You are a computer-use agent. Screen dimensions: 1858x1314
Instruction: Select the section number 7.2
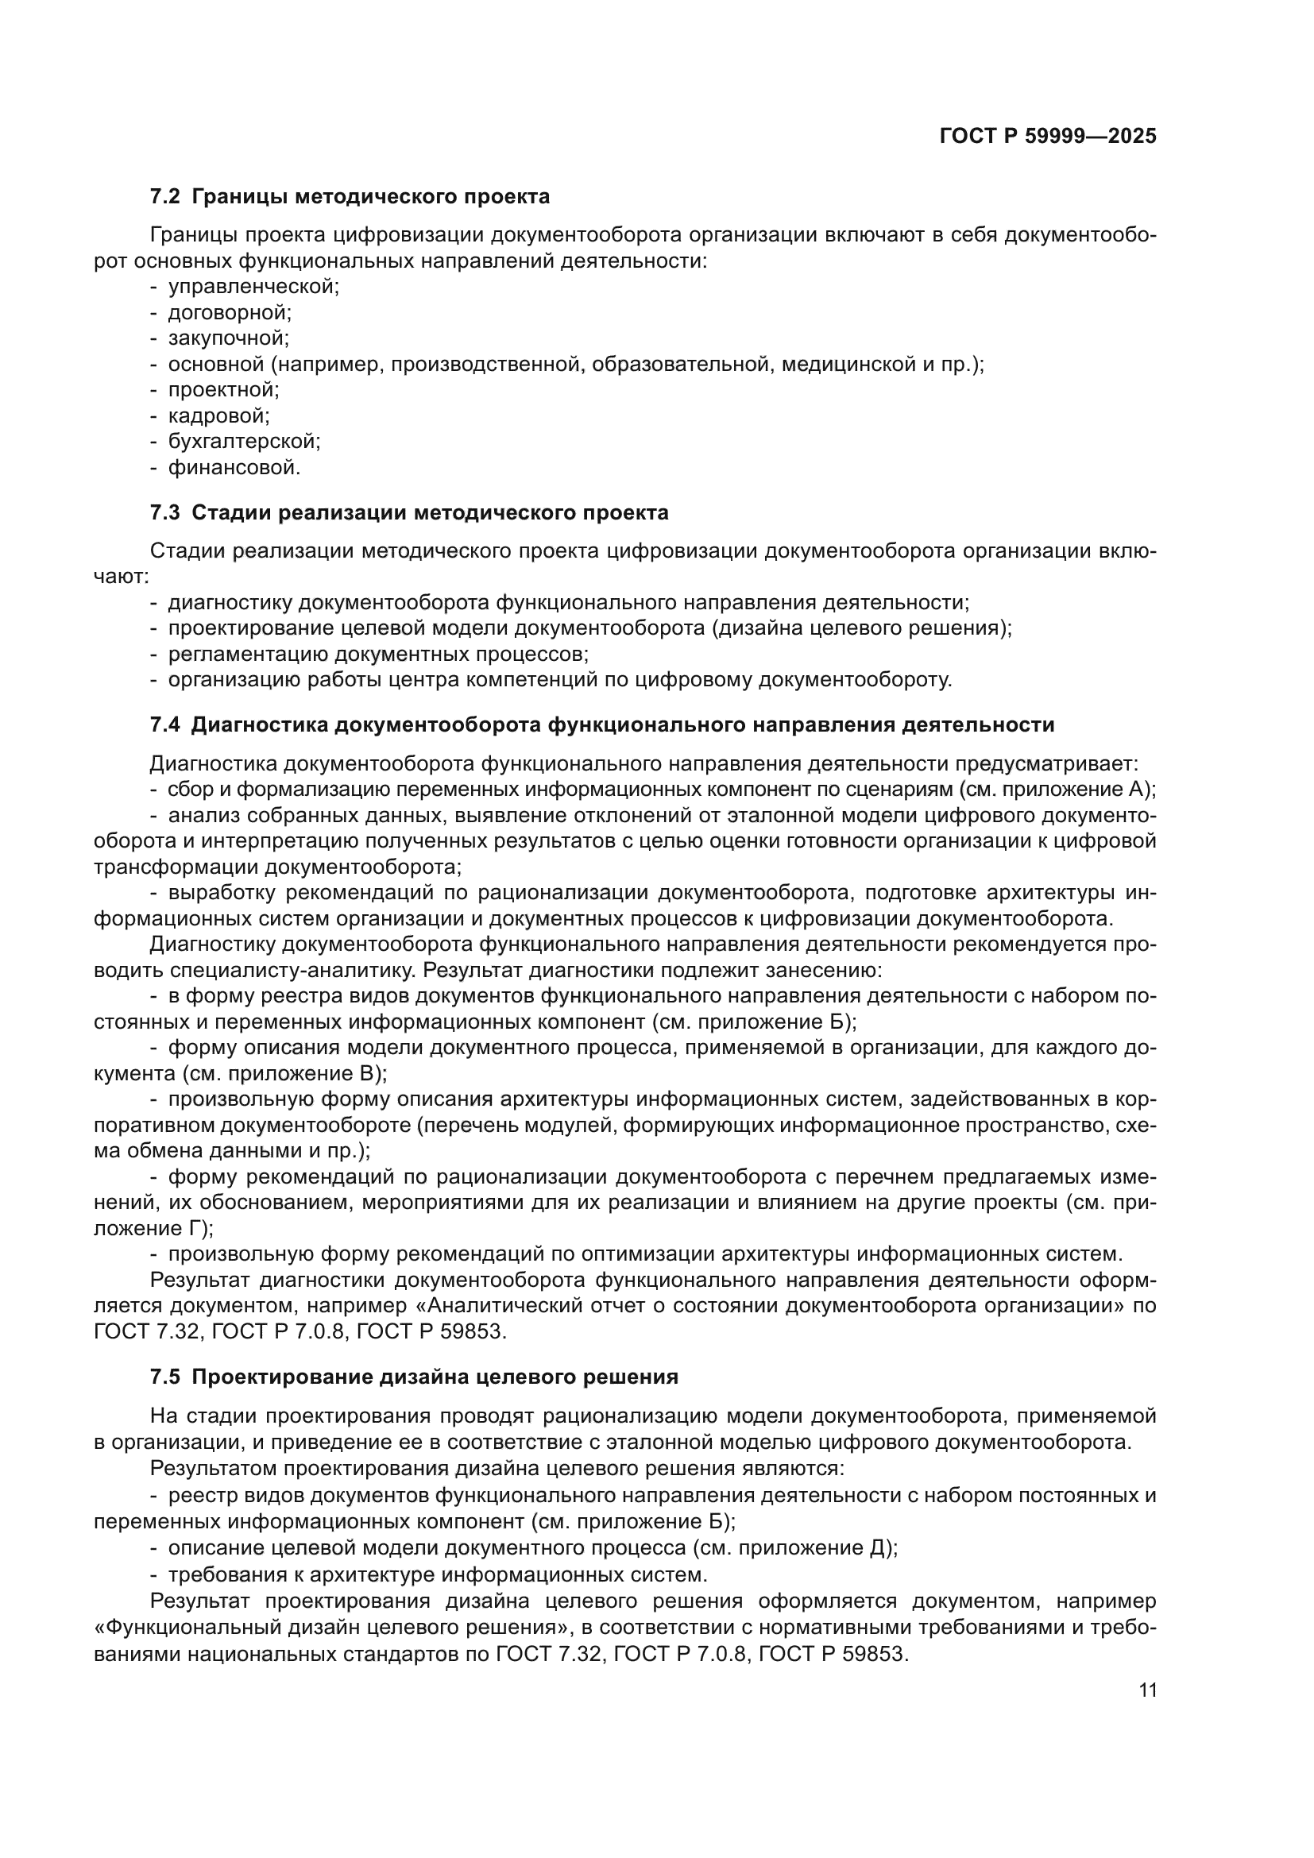click(165, 197)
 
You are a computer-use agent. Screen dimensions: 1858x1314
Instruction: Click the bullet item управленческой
click(253, 287)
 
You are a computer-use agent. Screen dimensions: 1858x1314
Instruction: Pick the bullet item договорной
click(229, 312)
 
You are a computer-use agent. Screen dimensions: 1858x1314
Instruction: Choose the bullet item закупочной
click(228, 338)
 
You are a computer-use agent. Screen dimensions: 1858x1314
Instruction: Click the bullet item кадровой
click(218, 416)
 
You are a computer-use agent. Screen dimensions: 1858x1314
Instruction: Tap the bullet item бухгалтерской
click(244, 442)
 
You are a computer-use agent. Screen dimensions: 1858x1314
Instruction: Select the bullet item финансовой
click(234, 468)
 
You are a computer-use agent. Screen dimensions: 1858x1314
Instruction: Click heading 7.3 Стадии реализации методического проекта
click(409, 513)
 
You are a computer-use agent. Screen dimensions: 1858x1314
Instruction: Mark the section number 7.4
click(165, 725)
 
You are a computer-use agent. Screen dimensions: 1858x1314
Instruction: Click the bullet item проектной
click(223, 390)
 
